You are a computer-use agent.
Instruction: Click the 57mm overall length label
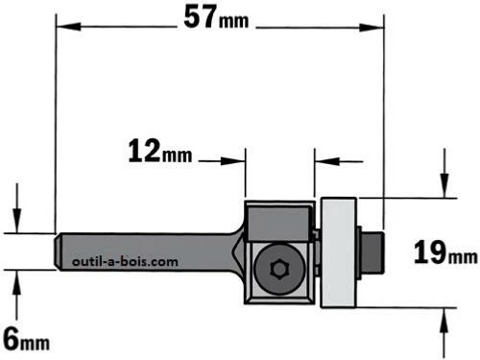click(216, 18)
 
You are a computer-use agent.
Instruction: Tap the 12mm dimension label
click(160, 152)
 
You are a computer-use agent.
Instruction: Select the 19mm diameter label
click(445, 252)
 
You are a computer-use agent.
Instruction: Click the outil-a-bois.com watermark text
click(125, 262)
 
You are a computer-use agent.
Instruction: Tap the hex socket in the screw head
click(277, 269)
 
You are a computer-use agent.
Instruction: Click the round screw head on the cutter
click(277, 269)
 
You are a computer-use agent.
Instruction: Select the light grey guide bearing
click(339, 252)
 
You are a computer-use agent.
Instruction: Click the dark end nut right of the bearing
click(372, 252)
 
